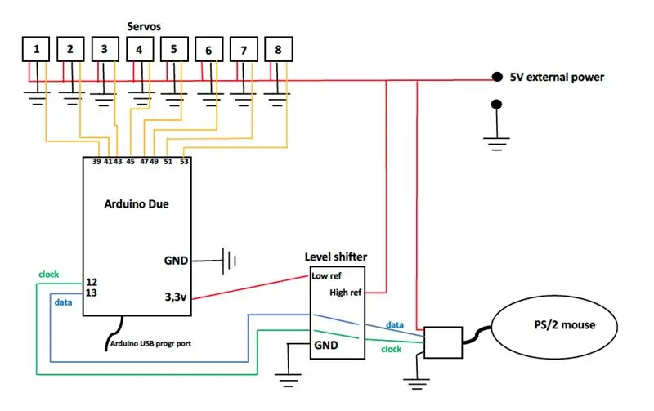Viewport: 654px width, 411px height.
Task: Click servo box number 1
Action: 36,49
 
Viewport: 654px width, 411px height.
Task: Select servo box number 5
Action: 174,49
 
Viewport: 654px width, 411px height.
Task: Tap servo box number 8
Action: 278,49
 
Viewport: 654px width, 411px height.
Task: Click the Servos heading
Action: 144,26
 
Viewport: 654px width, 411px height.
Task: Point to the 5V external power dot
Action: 497,77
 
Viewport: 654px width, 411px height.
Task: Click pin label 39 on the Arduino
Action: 96,161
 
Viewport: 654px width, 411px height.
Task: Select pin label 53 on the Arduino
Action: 184,161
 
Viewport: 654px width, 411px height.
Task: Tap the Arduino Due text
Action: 137,203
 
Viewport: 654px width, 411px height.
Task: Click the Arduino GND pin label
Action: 176,261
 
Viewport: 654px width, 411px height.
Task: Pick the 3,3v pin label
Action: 176,297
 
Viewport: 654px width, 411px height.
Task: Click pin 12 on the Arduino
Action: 92,282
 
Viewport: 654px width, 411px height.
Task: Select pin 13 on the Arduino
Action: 92,293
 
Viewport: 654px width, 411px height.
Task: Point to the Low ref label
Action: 326,275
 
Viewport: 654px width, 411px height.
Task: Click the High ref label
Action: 345,293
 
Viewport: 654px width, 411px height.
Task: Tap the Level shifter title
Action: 336,257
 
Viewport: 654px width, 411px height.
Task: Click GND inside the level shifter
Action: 325,345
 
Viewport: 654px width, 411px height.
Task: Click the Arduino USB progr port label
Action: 150,343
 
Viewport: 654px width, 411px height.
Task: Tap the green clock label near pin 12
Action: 49,275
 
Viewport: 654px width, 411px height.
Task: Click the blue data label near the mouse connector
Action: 395,324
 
